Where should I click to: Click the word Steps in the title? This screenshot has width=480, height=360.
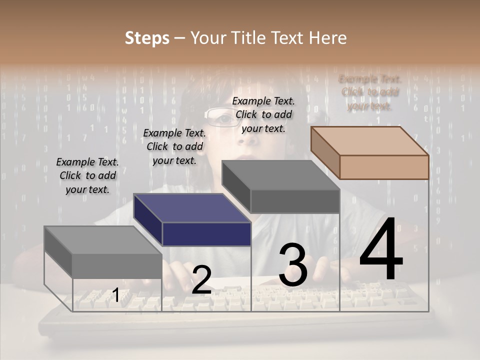pyautogui.click(x=147, y=38)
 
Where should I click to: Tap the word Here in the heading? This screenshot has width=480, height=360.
pyautogui.click(x=327, y=38)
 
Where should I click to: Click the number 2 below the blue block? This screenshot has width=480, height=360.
pyautogui.click(x=201, y=279)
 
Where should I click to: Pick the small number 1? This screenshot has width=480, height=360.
pyautogui.click(x=115, y=295)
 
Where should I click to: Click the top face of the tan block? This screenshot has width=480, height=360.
pyautogui.click(x=369, y=141)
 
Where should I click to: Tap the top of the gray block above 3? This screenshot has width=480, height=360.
pyautogui.click(x=280, y=175)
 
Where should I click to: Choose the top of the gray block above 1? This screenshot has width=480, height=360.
pyautogui.click(x=103, y=240)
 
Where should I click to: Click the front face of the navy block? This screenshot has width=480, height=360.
pyautogui.click(x=206, y=234)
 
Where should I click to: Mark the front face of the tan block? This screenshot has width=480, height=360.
pyautogui.click(x=384, y=167)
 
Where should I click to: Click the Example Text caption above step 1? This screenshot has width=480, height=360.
pyautogui.click(x=87, y=175)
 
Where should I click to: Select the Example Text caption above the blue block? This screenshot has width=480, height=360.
pyautogui.click(x=174, y=146)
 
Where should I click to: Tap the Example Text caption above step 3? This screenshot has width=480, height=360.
pyautogui.click(x=263, y=114)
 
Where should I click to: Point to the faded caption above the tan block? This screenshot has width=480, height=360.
pyautogui.click(x=370, y=92)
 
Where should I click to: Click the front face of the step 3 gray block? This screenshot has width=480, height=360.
pyautogui.click(x=295, y=201)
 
